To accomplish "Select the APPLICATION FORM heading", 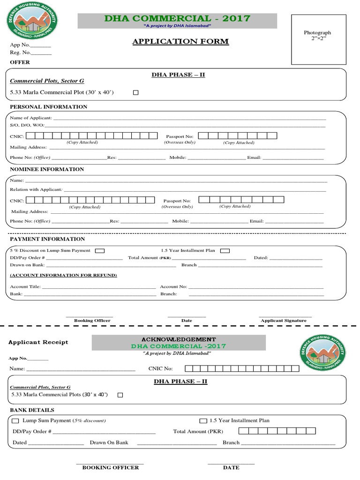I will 180,42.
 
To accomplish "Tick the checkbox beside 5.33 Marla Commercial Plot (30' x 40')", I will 136,93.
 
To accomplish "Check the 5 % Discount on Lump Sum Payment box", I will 99,251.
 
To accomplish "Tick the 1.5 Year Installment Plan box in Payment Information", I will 225,251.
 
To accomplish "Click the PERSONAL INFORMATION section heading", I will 49,107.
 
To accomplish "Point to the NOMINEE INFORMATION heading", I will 47,169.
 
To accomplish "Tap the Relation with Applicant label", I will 36,190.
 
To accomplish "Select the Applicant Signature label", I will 284,321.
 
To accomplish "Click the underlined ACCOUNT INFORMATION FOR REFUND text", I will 63,275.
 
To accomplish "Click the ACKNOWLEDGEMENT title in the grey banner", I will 179,339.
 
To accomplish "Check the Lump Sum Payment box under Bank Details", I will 15,421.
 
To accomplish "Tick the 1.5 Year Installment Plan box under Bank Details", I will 203,421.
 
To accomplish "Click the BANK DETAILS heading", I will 32,410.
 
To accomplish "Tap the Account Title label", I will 25,286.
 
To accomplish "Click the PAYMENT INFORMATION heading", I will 47,239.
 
